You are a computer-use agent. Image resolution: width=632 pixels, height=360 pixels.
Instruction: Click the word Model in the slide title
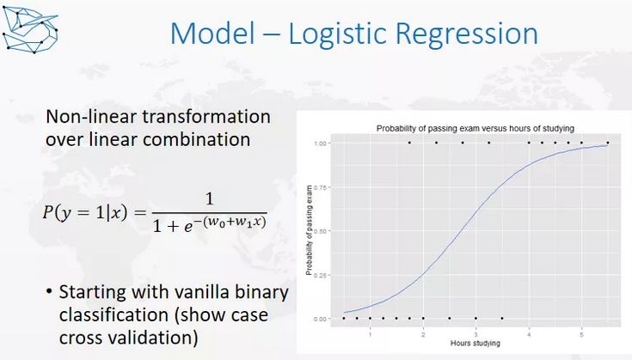[x=213, y=33]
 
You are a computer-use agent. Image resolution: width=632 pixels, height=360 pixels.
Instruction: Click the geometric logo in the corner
[x=30, y=30]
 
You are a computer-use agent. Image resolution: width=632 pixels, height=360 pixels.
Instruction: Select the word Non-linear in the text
[x=91, y=117]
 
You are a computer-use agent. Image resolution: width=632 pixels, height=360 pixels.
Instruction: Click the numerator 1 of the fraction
[x=209, y=199]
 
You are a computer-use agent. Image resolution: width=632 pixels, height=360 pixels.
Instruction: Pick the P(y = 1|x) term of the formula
[x=85, y=212]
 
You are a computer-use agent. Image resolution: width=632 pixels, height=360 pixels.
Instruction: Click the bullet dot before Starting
[x=49, y=291]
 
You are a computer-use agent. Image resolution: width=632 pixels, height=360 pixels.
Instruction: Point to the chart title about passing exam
[x=476, y=129]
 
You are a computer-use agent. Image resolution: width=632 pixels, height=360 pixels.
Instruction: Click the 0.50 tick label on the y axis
[x=320, y=231]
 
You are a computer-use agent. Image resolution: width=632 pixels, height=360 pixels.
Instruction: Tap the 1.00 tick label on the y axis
[x=320, y=143]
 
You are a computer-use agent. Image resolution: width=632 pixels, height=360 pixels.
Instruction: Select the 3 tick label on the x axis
[x=476, y=334]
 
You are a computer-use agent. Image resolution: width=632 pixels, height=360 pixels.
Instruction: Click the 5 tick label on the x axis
[x=581, y=334]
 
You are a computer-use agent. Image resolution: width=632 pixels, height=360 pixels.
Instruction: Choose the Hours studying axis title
[x=476, y=344]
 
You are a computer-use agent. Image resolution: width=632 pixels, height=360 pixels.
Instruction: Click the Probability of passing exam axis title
[x=309, y=230]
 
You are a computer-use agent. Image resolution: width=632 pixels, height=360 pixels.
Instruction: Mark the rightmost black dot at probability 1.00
[x=608, y=143]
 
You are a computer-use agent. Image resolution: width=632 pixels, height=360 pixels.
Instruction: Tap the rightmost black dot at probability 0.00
[x=502, y=318]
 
